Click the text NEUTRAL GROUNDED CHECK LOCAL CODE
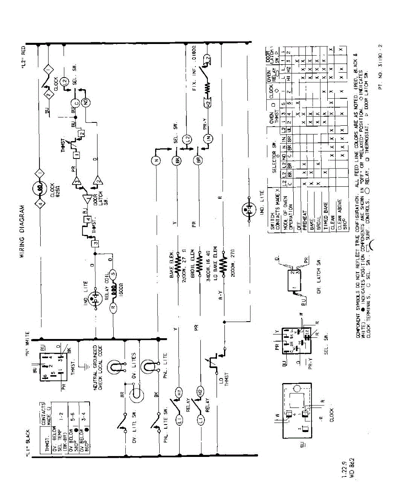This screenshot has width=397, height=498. pos(97,365)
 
